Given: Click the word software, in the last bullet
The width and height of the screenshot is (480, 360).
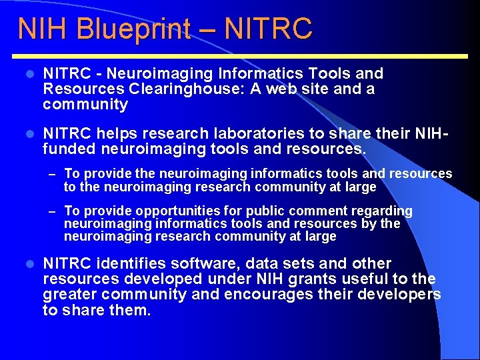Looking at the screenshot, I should [203, 264].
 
